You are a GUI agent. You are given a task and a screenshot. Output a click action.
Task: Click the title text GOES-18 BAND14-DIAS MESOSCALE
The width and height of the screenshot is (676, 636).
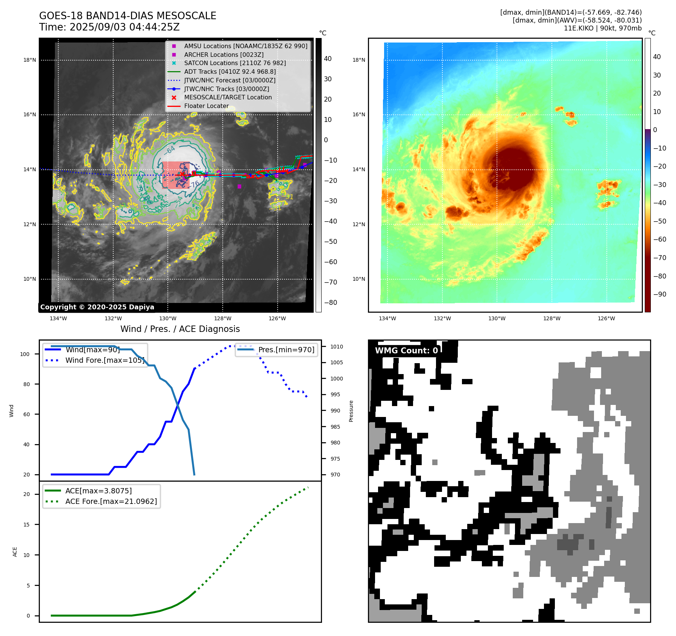point(128,16)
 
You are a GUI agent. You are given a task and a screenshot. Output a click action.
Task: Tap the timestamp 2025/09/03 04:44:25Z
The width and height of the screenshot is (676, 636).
point(125,27)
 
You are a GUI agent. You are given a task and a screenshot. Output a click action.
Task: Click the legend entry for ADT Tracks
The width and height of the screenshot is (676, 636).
point(229,72)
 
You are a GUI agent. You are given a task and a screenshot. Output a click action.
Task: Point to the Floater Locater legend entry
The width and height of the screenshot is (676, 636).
point(206,106)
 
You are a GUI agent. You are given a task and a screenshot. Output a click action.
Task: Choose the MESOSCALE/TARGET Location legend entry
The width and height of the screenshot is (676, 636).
point(228,97)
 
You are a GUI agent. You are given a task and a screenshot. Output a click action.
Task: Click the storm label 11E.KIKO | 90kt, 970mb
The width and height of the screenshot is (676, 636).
point(602,28)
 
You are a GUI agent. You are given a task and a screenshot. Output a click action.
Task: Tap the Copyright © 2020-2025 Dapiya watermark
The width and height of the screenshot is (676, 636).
point(97,307)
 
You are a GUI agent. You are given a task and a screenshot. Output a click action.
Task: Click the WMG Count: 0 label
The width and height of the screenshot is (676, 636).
point(406,350)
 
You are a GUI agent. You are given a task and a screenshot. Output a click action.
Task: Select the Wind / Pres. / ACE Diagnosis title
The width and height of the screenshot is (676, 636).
point(180,329)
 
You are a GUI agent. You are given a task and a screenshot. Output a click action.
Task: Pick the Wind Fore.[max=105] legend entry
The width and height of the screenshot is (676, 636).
point(105,360)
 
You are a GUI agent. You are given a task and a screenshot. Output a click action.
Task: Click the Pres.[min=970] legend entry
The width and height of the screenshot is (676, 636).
point(286,350)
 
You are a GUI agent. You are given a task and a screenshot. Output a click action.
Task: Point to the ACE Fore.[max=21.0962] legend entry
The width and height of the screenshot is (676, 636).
point(111,501)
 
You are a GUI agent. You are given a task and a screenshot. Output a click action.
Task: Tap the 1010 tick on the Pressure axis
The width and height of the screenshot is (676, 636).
point(337,347)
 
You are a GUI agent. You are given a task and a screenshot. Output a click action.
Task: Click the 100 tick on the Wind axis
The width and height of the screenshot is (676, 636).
point(25,354)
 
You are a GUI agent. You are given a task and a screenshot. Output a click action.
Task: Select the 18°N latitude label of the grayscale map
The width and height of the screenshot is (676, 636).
point(30,60)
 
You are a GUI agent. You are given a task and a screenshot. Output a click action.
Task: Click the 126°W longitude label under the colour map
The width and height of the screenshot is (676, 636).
point(606,318)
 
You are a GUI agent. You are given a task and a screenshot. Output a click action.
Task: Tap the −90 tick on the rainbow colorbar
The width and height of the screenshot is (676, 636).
point(659,294)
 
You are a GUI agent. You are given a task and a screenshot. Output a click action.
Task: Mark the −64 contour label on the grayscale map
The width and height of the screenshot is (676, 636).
point(170,150)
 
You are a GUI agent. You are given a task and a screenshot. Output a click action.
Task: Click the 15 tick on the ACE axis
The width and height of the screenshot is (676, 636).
point(26,525)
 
